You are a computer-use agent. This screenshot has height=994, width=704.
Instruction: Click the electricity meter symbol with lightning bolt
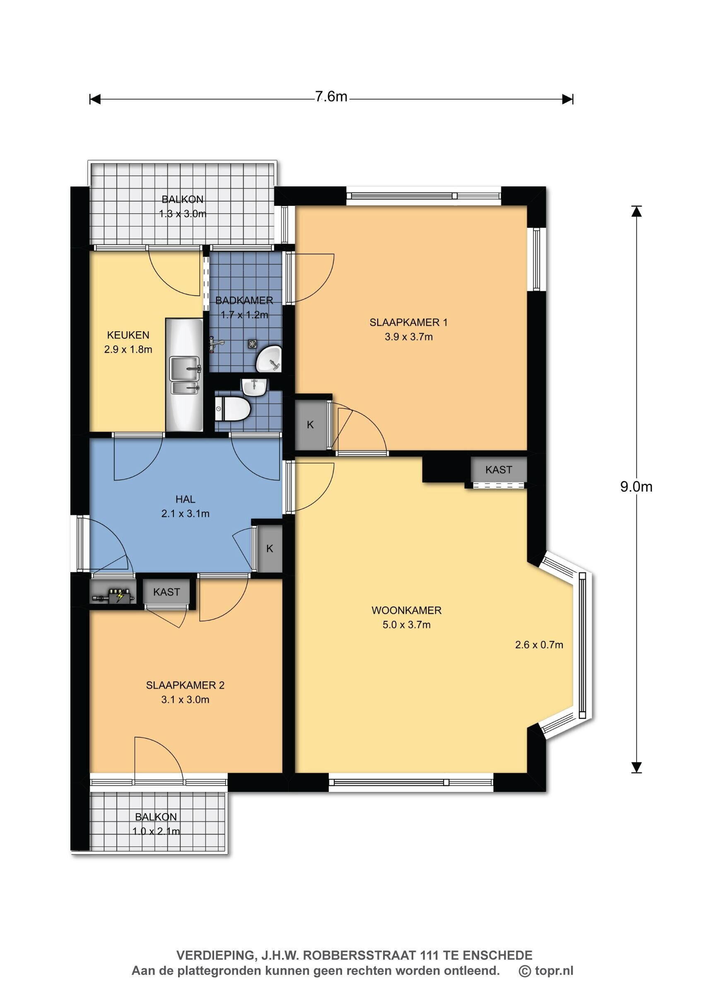pyautogui.click(x=113, y=595)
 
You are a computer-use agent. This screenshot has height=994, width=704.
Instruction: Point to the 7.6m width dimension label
pyautogui.click(x=331, y=96)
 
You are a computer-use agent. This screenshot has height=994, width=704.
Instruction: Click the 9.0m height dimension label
pyautogui.click(x=636, y=486)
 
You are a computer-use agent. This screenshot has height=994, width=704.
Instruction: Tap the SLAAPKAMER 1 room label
pyautogui.click(x=408, y=322)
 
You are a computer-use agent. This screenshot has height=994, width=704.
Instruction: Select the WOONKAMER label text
pyautogui.click(x=406, y=610)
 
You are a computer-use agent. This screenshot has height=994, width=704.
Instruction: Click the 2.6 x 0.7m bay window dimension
pyautogui.click(x=539, y=644)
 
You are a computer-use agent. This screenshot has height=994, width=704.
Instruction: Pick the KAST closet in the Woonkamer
pyautogui.click(x=499, y=470)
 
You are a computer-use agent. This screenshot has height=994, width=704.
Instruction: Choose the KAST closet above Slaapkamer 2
pyautogui.click(x=166, y=592)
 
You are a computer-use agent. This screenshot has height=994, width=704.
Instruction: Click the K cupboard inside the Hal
pyautogui.click(x=269, y=549)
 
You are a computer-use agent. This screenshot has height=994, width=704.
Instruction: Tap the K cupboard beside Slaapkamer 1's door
pyautogui.click(x=311, y=425)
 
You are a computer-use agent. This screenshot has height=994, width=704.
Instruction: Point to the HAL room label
pyautogui.click(x=185, y=499)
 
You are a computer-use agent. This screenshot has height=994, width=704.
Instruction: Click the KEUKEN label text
pyautogui.click(x=128, y=335)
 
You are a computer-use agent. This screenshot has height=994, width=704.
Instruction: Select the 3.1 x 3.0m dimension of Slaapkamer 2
pyautogui.click(x=185, y=699)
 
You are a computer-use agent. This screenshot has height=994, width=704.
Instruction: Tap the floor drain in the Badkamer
pyautogui.click(x=252, y=344)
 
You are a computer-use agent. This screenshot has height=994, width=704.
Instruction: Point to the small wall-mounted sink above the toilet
pyautogui.click(x=254, y=386)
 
